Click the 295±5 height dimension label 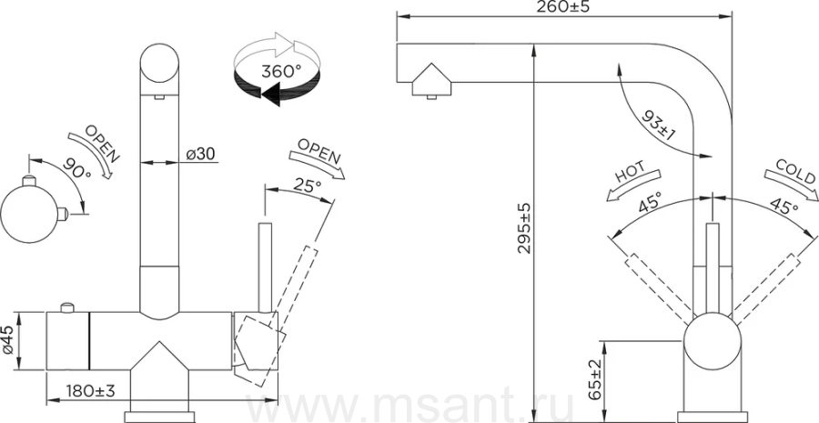pos(524,228)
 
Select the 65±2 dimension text pos(595,379)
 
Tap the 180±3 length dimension pos(90,390)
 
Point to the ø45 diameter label pos(8,341)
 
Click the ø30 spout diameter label pos(200,154)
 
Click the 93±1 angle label pos(659,125)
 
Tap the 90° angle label pos(76,167)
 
